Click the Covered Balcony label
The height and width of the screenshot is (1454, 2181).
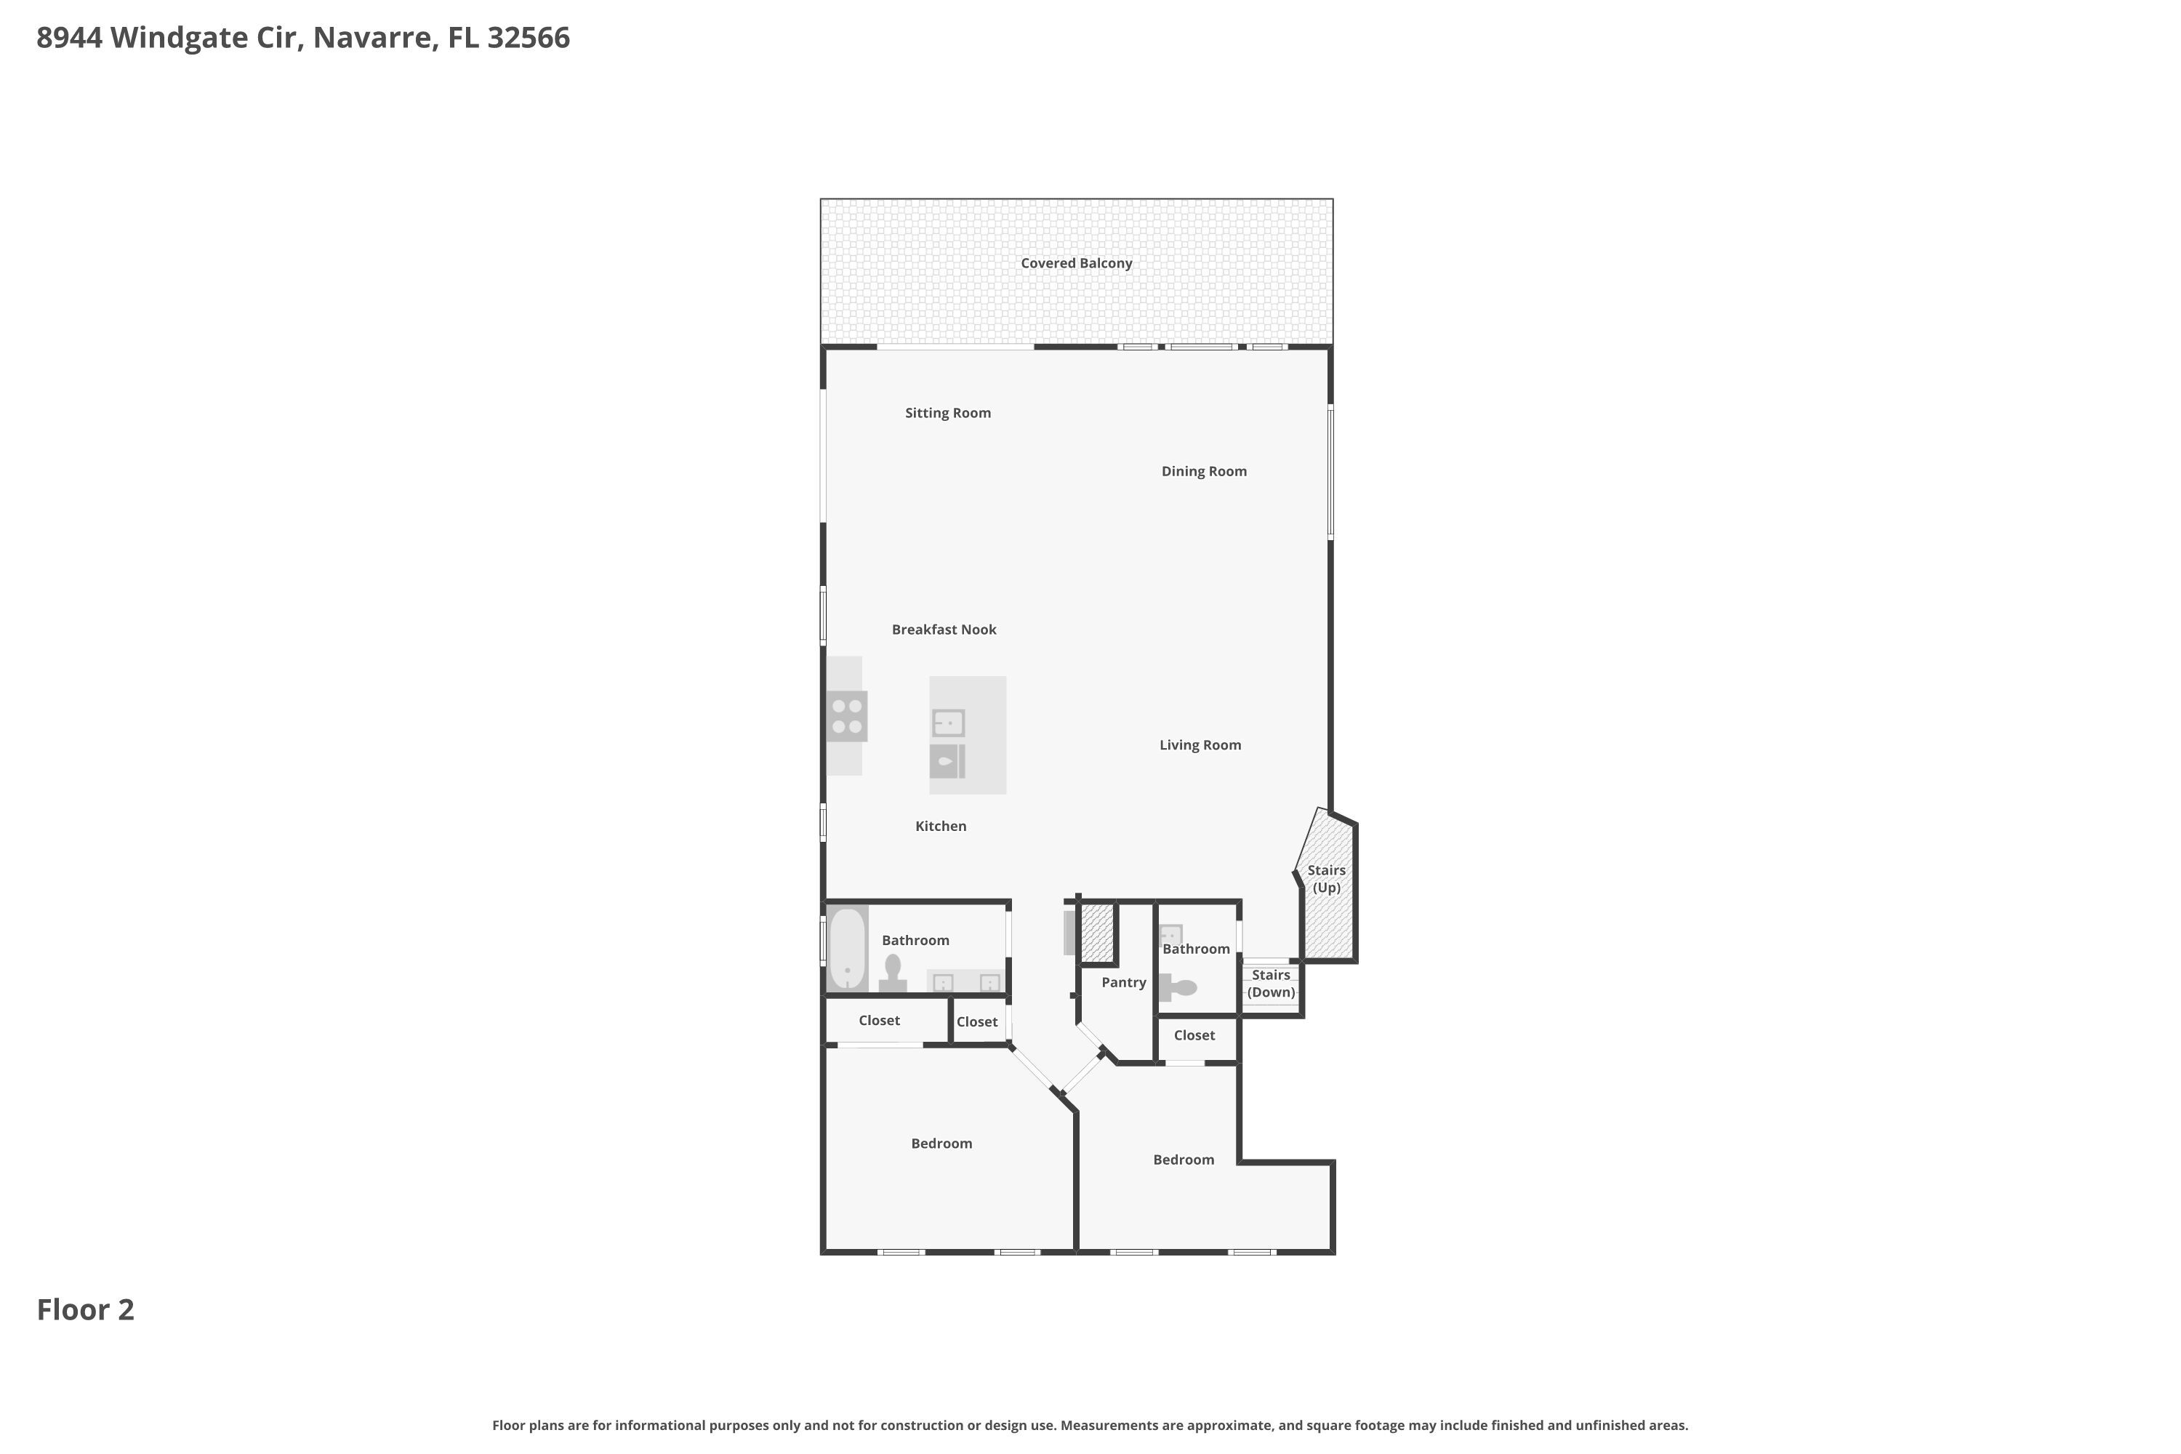point(1076,263)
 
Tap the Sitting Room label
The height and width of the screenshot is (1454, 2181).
point(948,413)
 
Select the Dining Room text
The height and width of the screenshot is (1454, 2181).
point(1204,471)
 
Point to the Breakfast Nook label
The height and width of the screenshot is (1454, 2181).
point(944,630)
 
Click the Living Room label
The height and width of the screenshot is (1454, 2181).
point(1200,744)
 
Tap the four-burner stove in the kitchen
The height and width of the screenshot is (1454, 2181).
point(847,716)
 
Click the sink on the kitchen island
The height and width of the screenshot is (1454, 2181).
point(948,723)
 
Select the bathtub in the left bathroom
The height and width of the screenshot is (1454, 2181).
point(847,949)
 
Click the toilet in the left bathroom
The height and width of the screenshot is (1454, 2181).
point(893,972)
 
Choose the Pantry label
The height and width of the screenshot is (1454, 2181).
point(1123,982)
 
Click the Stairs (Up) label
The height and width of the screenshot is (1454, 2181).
point(1326,878)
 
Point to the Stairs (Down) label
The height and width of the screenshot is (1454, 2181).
point(1270,983)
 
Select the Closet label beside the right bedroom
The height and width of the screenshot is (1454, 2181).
point(1194,1035)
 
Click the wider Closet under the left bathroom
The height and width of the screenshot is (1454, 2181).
point(879,1020)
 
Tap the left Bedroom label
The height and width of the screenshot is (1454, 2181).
point(941,1144)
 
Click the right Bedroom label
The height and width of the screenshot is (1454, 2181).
point(1184,1159)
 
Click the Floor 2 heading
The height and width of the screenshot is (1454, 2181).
point(85,1309)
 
